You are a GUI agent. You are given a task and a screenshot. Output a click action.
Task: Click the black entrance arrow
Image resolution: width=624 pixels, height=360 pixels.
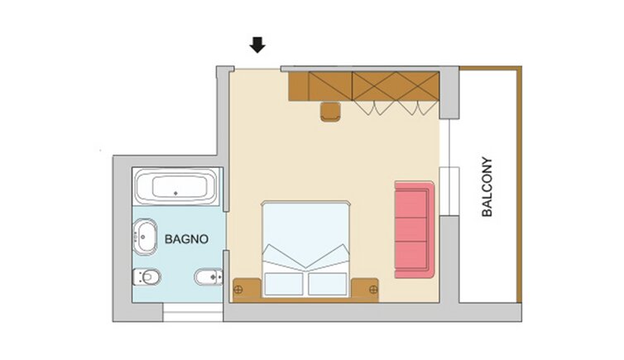point(257,45)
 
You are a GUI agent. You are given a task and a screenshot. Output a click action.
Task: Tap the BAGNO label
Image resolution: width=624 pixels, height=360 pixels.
point(186,239)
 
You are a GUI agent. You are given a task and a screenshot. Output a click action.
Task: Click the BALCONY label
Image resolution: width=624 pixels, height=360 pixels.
point(487,187)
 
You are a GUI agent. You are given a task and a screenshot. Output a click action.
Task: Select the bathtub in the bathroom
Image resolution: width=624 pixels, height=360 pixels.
point(175,186)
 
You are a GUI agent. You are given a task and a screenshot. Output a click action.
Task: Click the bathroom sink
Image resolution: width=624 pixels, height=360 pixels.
point(145,237)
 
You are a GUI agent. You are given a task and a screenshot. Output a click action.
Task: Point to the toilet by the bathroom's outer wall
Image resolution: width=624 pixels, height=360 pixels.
point(146,276)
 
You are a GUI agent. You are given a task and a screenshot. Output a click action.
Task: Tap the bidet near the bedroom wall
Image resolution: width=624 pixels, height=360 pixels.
point(209,276)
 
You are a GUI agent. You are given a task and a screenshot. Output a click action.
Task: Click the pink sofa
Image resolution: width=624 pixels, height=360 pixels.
point(415,229)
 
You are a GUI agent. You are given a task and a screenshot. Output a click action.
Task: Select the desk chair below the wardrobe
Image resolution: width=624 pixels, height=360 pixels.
point(330,111)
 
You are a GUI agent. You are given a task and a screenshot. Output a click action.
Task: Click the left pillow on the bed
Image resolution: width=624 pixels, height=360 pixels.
point(284,284)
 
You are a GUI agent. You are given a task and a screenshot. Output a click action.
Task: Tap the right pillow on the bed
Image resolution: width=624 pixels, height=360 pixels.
point(328,284)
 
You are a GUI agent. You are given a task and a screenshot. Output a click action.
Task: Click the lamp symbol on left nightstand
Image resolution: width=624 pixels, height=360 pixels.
point(238,290)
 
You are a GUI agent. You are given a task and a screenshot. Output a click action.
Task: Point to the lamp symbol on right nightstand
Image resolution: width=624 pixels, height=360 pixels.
point(373,290)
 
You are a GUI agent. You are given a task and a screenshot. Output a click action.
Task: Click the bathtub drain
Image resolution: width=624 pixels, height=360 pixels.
point(175,194)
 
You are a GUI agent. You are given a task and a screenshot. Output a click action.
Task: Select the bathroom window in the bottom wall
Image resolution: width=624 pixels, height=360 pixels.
point(193,312)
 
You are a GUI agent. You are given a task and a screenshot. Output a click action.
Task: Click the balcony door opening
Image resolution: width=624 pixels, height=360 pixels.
point(449,167)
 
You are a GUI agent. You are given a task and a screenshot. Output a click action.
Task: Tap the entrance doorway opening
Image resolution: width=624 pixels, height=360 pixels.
point(257,70)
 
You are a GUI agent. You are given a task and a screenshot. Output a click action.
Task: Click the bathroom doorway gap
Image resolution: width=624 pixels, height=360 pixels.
point(226,231)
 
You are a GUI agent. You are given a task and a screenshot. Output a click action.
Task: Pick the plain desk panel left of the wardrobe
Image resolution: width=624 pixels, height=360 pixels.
point(299,86)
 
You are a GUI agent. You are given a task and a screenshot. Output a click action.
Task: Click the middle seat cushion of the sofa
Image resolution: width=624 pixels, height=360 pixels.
point(411,229)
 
